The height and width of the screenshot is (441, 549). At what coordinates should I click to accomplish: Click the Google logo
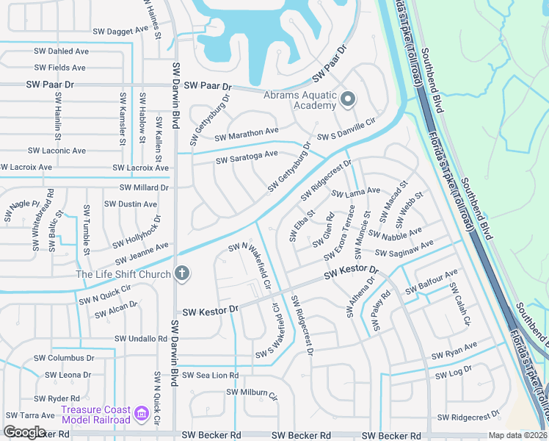24,432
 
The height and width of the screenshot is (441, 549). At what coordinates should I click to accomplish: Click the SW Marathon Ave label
247,135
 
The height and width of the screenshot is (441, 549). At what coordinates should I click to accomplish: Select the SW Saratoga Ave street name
247,157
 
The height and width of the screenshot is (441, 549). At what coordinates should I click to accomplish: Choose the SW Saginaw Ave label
404,248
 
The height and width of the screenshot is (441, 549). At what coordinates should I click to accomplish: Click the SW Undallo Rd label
141,339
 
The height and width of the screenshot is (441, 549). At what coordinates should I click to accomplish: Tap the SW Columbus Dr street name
65,358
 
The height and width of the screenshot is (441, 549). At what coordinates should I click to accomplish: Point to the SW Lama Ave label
355,192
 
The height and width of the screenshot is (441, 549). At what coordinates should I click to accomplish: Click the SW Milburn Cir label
252,393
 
